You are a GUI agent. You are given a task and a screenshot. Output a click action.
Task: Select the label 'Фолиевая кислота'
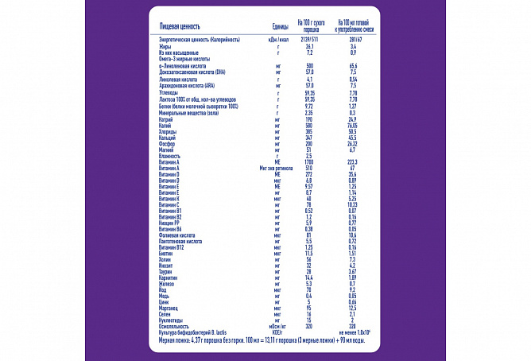(180, 235)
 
